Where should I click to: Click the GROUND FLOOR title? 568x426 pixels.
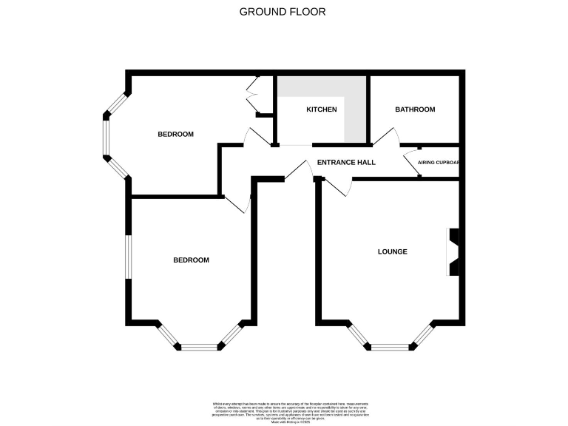283,12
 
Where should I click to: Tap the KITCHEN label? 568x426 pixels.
322,109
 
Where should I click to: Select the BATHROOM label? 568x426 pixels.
415,109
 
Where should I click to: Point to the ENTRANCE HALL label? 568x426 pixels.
346,162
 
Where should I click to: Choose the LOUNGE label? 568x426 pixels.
393,251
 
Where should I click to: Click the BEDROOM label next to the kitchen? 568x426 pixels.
175,134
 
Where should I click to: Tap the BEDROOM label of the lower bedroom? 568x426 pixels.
191,260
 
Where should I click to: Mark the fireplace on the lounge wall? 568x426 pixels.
453,252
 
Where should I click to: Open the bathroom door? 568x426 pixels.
388,136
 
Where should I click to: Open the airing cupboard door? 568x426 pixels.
410,163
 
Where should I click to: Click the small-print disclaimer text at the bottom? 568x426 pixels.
284,408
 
